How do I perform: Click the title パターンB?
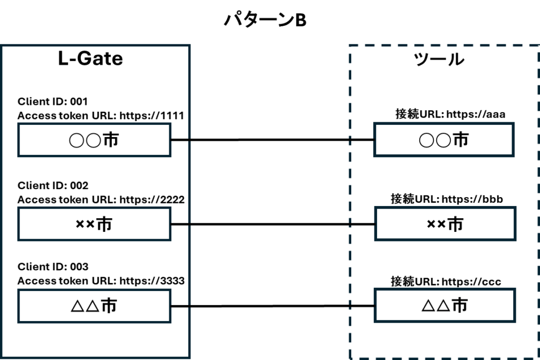coord(265,20)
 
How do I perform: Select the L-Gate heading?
coord(90,59)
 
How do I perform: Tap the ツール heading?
coord(439,59)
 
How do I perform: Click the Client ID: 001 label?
coord(53,102)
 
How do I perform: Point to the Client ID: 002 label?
coord(53,186)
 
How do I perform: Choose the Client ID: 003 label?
coord(53,267)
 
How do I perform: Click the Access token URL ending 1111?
coord(101,115)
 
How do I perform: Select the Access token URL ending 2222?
coord(101,200)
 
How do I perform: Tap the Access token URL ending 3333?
coord(101,281)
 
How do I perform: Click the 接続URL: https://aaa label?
coord(450,114)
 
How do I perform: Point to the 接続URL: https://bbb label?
coord(447,199)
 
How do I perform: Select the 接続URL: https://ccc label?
coord(446,281)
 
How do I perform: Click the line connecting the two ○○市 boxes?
coord(273,140)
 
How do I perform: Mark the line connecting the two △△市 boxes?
coord(273,306)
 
